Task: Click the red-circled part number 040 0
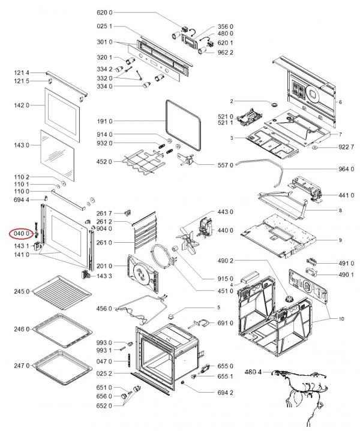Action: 21,233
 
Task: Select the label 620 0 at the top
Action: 104,13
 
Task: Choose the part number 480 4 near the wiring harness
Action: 253,372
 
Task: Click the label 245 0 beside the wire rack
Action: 21,291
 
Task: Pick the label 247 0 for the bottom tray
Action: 21,366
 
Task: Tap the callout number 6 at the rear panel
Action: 340,102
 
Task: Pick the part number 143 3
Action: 104,276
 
